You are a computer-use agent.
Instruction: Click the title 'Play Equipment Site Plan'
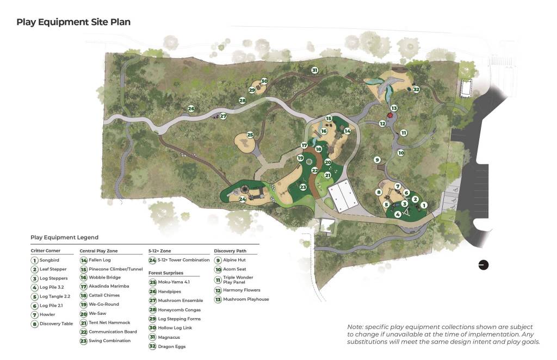pos(73,22)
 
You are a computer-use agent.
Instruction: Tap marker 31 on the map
pos(314,70)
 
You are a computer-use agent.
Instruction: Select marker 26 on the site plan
pos(191,109)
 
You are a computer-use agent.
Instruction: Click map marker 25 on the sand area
pos(250,134)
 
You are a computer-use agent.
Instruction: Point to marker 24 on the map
pos(243,200)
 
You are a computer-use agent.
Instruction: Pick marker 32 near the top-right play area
pos(416,89)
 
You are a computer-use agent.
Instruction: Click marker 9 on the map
pos(376,159)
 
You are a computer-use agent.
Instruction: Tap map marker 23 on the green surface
pos(303,187)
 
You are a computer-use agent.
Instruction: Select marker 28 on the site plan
pos(242,101)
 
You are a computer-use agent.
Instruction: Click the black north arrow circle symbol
pos(483,265)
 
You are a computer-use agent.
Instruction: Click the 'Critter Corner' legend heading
pos(45,251)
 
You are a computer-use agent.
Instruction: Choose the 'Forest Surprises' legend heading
pos(165,273)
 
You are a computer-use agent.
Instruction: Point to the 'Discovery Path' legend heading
pos(231,251)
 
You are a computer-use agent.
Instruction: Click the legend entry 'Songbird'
pos(49,260)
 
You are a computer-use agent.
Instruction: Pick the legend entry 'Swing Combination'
pos(109,341)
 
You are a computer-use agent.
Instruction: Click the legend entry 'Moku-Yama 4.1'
pos(175,282)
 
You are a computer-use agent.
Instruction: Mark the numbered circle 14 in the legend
pos(84,260)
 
